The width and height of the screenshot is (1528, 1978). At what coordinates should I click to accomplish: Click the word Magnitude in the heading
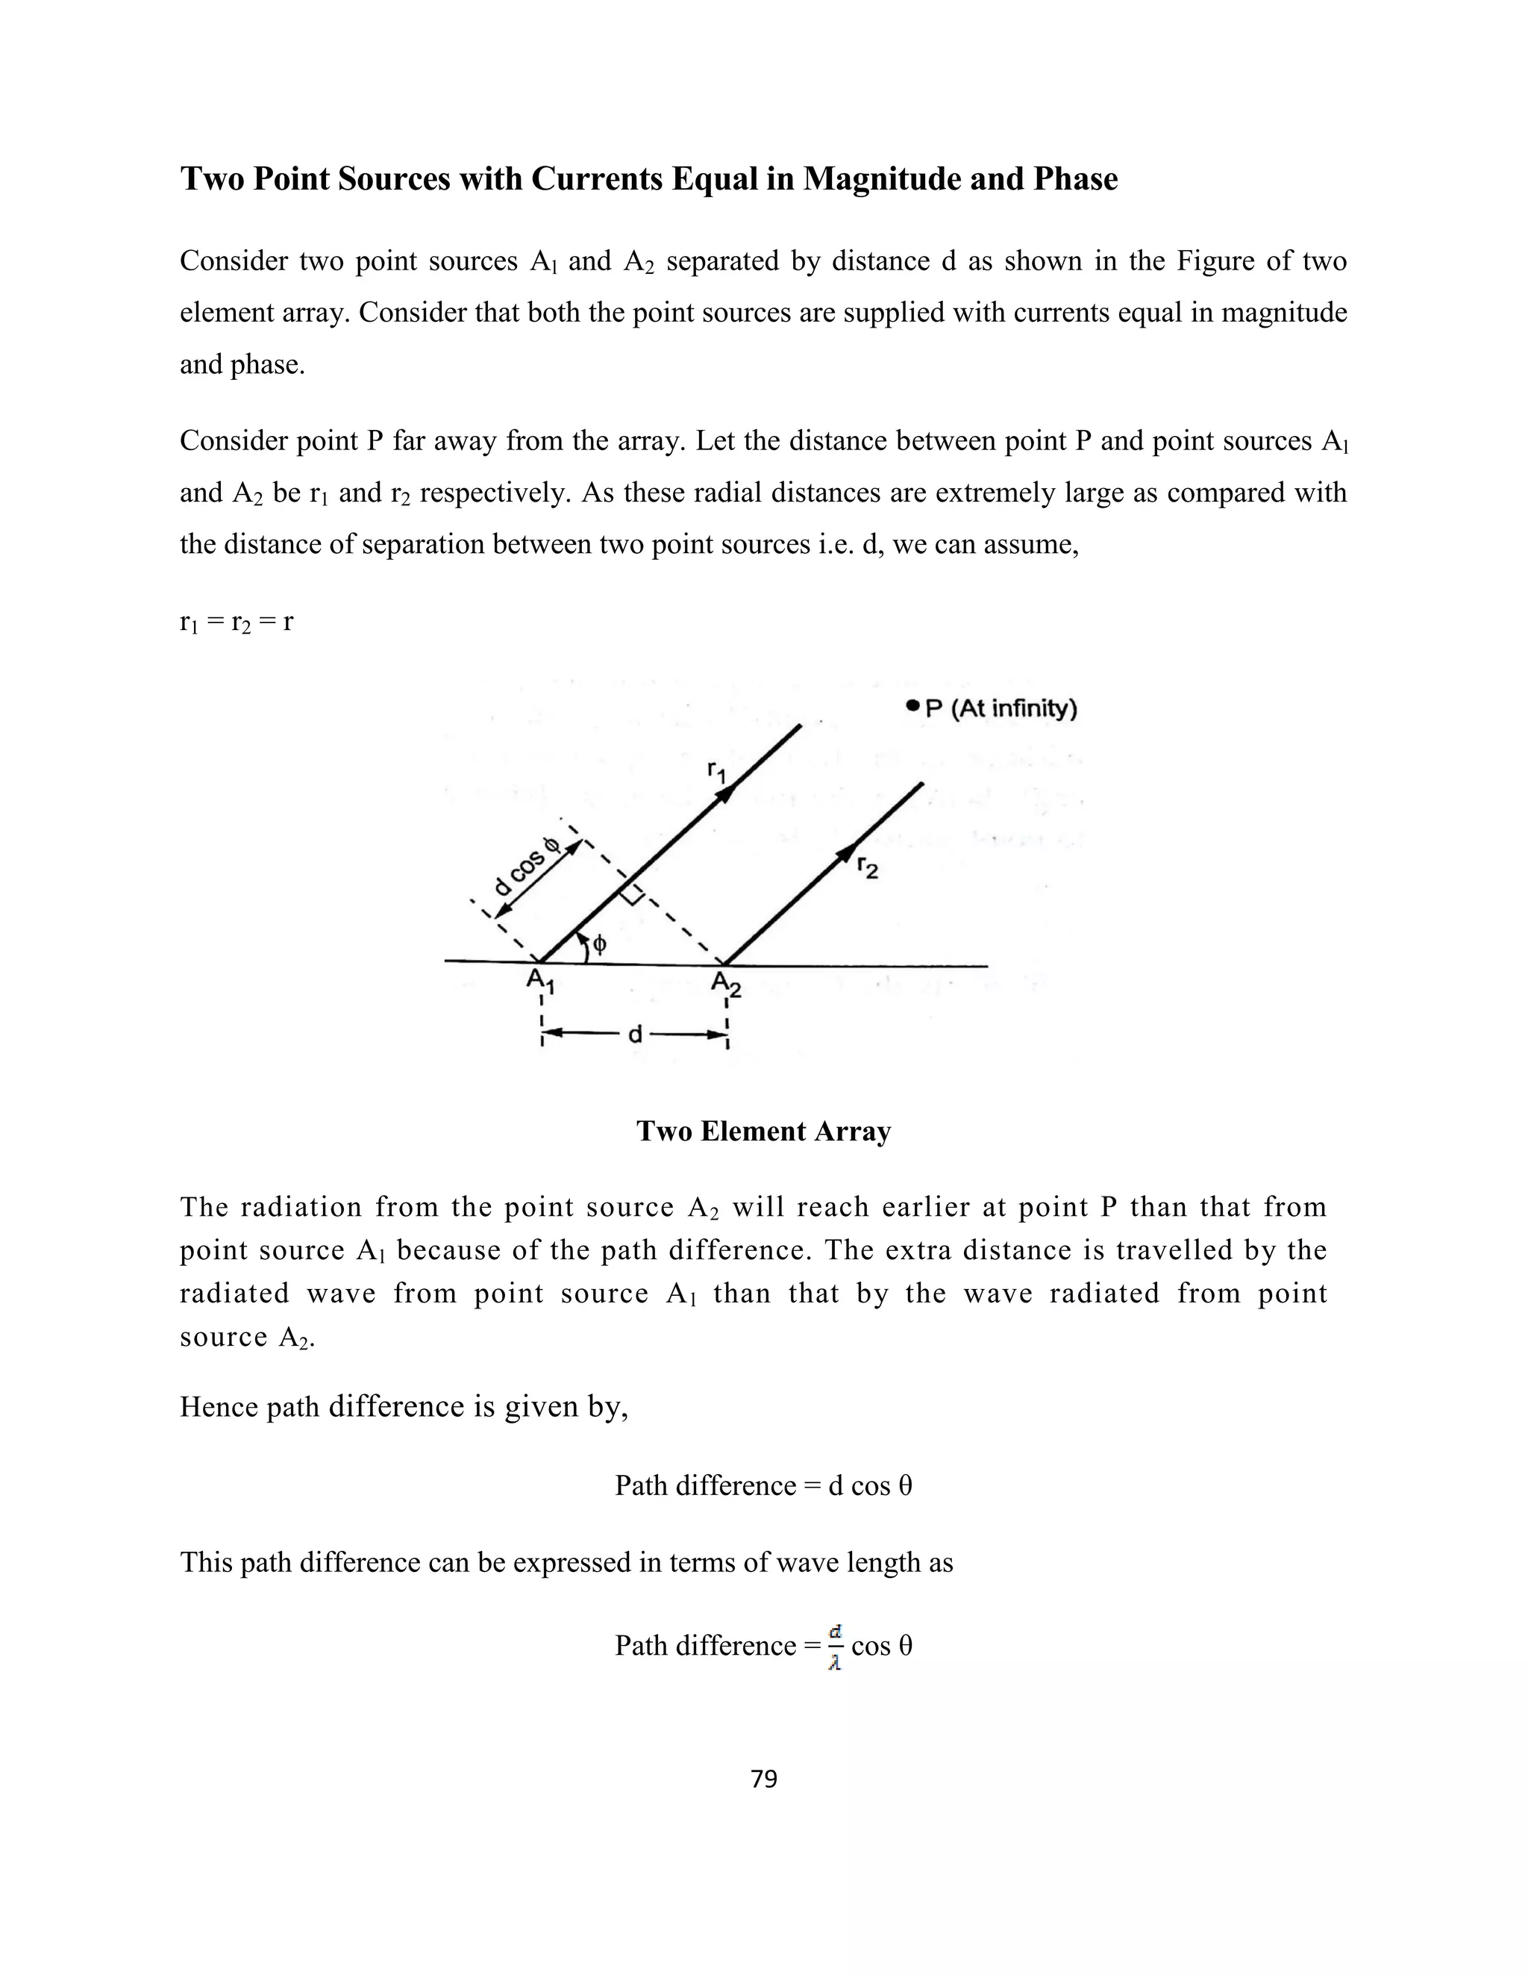[x=881, y=179]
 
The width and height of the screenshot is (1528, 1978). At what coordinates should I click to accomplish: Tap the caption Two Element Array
[x=763, y=1131]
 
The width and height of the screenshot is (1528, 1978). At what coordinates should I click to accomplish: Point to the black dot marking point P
[x=912, y=706]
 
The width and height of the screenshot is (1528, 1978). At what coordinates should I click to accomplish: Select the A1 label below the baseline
[x=540, y=981]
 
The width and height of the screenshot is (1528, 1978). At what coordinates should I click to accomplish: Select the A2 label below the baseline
[x=725, y=983]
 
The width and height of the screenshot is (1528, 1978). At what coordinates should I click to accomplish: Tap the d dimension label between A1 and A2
[x=636, y=1033]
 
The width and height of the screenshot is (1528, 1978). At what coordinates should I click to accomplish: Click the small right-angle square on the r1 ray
[x=633, y=893]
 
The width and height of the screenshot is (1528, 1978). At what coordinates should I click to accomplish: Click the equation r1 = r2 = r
[x=237, y=623]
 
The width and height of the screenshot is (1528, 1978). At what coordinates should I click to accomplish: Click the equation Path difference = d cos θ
[x=763, y=1485]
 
